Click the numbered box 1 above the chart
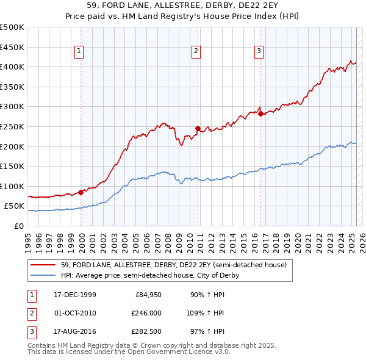pyautogui.click(x=80, y=51)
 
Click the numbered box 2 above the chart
pyautogui.click(x=196, y=51)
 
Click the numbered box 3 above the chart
pyautogui.click(x=259, y=51)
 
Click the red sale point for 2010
pyautogui.click(x=198, y=128)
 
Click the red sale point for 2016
pyautogui.click(x=260, y=113)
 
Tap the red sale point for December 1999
pyautogui.click(x=81, y=192)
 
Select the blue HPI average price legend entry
pyautogui.click(x=149, y=275)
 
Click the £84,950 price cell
pyautogui.click(x=148, y=295)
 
